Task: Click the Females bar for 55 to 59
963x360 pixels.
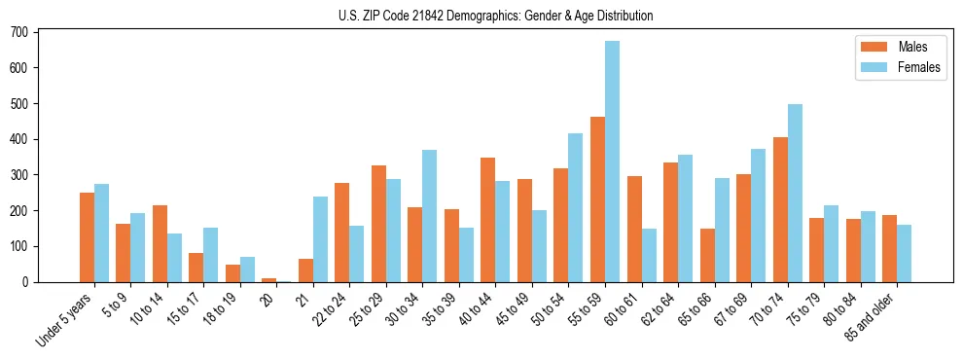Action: (612, 162)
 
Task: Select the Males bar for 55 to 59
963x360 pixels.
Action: (597, 199)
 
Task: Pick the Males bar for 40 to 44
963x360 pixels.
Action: (488, 220)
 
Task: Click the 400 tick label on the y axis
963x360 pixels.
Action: (21, 139)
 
